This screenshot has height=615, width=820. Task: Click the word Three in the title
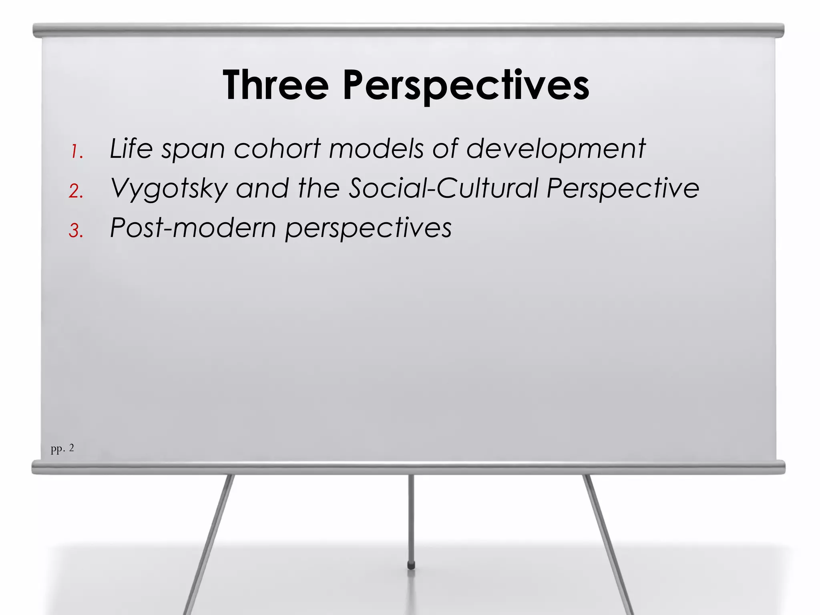275,85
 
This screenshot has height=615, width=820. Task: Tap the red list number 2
76,191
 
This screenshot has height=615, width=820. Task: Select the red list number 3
76,231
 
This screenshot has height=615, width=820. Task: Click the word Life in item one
131,149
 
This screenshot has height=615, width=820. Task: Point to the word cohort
277,149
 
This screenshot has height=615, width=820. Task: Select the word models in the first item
376,149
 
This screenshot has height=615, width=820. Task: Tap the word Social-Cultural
443,188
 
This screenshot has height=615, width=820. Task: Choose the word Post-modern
193,228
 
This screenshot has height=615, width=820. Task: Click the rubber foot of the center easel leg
411,565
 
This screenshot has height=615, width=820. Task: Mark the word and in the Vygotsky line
262,188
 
